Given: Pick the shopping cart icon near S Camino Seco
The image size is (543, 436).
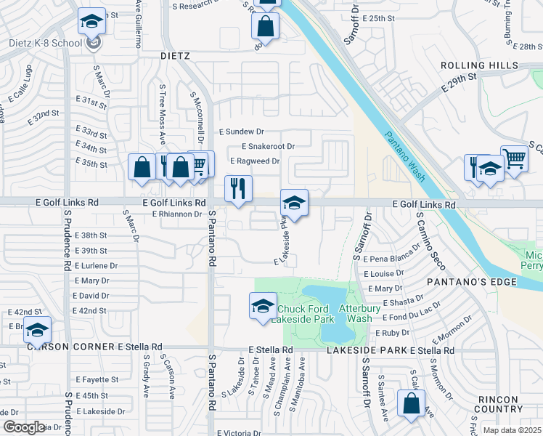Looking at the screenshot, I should tap(514, 157).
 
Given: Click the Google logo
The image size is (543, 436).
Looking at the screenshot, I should tap(24, 427).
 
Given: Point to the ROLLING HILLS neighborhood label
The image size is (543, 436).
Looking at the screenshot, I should tap(479, 65).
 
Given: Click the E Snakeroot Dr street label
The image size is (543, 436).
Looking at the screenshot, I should tap(263, 146).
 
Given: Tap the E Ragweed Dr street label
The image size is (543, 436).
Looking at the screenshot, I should tap(255, 161).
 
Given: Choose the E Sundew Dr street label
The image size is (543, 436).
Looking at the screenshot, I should tap(242, 132).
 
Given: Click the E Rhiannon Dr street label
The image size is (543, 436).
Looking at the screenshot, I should tap(176, 214).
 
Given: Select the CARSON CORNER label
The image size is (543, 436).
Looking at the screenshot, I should tap(61, 347).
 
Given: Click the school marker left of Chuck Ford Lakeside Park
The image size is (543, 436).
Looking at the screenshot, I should tap(263, 306).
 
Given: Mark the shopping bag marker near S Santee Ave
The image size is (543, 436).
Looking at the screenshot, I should tap(411, 403).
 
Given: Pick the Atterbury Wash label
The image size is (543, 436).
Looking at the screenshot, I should tap(360, 313).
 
